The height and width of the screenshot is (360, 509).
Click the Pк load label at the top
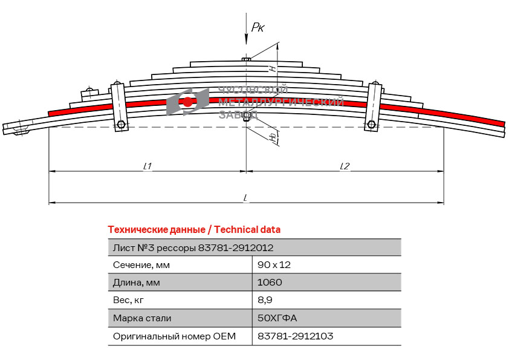tap(258, 27)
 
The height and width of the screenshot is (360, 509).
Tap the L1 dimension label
tap(148, 166)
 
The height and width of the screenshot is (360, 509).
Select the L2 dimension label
tap(345, 166)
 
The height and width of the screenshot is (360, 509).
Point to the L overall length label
tap(246, 198)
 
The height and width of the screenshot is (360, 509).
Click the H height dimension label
tap(273, 68)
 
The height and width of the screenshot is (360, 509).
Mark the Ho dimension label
tap(274, 137)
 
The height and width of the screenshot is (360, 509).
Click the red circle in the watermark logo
tap(187, 102)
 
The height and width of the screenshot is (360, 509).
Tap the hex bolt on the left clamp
tap(121, 125)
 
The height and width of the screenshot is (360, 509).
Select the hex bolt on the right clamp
tap(371, 124)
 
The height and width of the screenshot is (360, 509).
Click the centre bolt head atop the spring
tap(246, 59)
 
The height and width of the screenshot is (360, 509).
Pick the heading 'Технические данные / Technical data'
tap(194, 230)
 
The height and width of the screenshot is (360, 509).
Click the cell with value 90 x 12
tap(274, 265)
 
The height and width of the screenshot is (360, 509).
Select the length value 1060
tap(270, 283)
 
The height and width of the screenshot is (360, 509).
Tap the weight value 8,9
tap(265, 300)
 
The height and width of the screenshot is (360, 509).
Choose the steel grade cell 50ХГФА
tap(277, 318)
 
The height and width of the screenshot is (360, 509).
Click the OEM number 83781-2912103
tap(295, 336)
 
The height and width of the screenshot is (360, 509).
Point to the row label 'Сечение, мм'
tap(141, 265)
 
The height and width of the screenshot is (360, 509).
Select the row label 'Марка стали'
tap(142, 318)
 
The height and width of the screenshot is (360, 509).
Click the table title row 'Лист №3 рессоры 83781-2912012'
tap(193, 248)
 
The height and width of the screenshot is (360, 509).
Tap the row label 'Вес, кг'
tap(128, 300)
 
